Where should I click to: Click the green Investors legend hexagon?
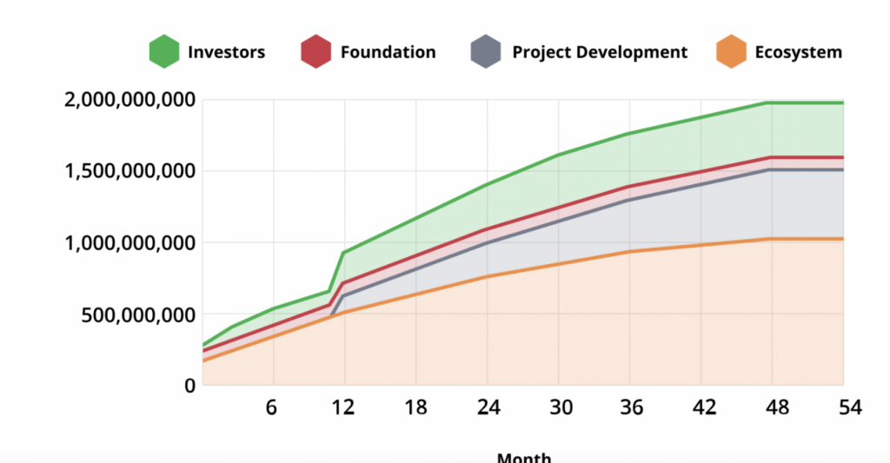point(163,51)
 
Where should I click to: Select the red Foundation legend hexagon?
point(316,51)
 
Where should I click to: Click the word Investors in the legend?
point(226,52)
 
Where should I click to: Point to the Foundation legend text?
point(388,52)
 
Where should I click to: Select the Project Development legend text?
point(600,52)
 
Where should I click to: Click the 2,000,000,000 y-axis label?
point(129,100)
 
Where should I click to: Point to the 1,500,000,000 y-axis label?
point(129,171)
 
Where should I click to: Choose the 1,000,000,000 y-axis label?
point(129,242)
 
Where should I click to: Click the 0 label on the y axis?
point(187,385)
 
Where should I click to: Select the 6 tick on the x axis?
point(273,407)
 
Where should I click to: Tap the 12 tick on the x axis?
point(344,407)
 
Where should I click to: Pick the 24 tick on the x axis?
point(487,407)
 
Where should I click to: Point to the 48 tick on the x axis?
point(772,407)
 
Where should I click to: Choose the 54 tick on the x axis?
point(843,407)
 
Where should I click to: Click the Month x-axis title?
point(523,457)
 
